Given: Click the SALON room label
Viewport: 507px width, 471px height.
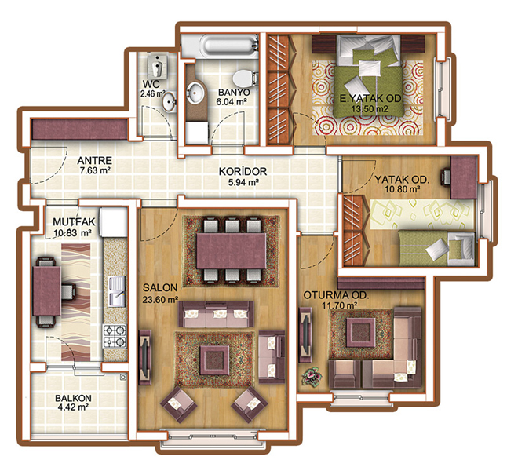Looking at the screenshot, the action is pyautogui.click(x=160, y=287).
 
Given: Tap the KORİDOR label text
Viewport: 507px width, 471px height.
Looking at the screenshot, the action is pyautogui.click(x=243, y=171).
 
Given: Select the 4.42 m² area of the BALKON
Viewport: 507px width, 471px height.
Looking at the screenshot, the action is pyautogui.click(x=73, y=407).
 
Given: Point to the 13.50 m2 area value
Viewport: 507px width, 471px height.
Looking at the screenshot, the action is pyautogui.click(x=370, y=108).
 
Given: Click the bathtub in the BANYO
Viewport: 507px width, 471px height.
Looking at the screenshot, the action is pyautogui.click(x=220, y=46).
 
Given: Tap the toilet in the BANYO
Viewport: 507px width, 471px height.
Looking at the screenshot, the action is pyautogui.click(x=245, y=78).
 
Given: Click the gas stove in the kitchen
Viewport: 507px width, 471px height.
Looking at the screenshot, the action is pyautogui.click(x=115, y=337).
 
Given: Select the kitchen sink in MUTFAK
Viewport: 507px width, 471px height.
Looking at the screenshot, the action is pyautogui.click(x=117, y=291).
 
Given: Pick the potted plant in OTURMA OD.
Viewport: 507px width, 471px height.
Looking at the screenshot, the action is pyautogui.click(x=312, y=376).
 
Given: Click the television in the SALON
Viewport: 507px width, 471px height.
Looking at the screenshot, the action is pyautogui.click(x=145, y=357).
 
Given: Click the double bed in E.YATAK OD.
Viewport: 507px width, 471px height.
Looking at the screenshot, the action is pyautogui.click(x=368, y=75).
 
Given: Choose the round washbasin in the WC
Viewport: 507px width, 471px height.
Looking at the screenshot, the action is pyautogui.click(x=169, y=102).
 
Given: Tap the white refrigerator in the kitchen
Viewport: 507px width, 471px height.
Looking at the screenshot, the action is pyautogui.click(x=114, y=222).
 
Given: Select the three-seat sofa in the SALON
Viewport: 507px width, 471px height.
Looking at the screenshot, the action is pyautogui.click(x=216, y=314).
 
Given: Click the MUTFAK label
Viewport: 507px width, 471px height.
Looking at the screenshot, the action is pyautogui.click(x=74, y=222).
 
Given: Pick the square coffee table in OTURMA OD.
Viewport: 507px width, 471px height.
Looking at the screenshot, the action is pyautogui.click(x=360, y=332).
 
